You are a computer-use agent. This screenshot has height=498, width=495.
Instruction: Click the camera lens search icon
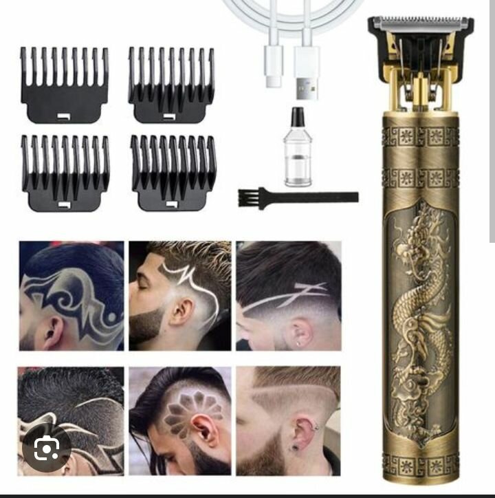(46, 449)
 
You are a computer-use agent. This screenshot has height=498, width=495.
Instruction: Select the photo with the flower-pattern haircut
(180, 420)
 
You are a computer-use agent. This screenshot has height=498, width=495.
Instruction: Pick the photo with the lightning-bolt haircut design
(180, 295)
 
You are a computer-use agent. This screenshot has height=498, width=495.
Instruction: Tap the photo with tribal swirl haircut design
(71, 295)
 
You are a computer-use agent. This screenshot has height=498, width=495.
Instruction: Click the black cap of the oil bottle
(298, 116)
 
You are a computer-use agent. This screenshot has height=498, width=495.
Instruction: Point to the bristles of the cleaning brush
(248, 197)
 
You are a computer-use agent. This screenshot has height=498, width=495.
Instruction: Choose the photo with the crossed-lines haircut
(289, 295)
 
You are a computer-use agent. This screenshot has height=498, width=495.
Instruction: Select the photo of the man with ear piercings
(289, 420)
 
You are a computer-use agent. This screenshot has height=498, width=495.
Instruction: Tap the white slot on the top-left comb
(64, 115)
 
